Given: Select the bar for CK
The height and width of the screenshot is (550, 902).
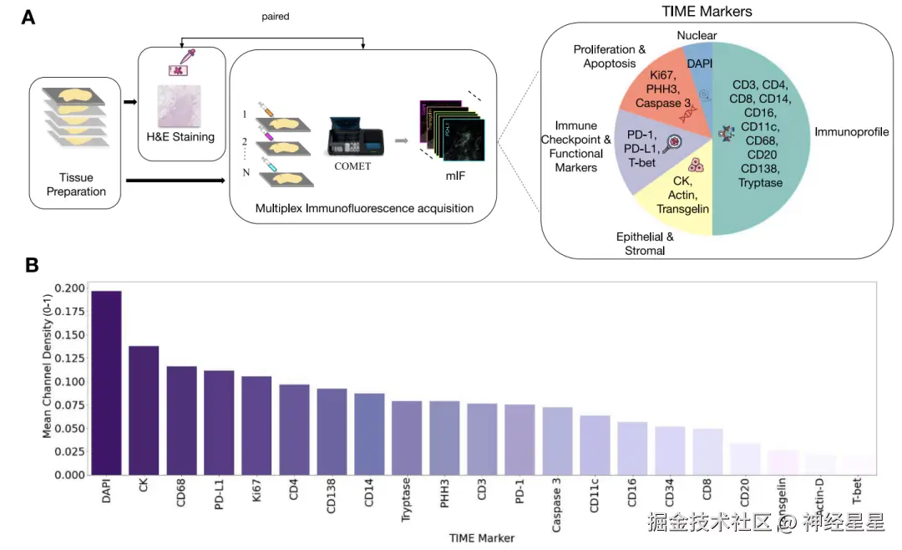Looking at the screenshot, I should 144,410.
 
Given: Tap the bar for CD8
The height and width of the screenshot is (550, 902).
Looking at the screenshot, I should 707,452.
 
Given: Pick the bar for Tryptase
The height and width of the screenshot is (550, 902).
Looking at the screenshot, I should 407,438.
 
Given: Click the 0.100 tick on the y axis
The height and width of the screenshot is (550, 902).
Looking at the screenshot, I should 68,382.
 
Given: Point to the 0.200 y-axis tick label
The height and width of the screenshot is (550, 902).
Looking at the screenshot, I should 68,288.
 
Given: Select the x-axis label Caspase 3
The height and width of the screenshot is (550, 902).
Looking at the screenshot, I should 557,507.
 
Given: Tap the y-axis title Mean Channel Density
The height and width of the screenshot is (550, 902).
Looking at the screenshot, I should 48,381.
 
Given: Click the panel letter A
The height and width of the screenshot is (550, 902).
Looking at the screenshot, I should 28,17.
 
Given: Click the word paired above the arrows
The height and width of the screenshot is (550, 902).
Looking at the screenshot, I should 275,16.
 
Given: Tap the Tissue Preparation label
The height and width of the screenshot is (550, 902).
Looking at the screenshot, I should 77,185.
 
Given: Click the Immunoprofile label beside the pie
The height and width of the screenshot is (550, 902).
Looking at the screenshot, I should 849,132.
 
